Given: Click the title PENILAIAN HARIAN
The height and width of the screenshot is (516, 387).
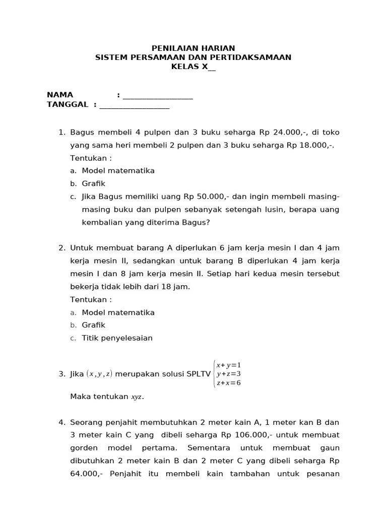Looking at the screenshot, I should (x=193, y=48).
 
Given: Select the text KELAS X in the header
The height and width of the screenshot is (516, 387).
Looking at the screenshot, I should (x=189, y=67).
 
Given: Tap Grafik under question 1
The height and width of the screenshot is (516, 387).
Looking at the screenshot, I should (x=94, y=183).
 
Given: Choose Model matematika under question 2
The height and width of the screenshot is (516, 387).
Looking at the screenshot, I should (x=118, y=312).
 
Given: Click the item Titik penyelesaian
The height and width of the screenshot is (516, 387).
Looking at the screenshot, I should (x=117, y=338).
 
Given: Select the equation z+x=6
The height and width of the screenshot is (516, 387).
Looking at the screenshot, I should (x=228, y=383).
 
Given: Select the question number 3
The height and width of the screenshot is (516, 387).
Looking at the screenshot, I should (x=62, y=374).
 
